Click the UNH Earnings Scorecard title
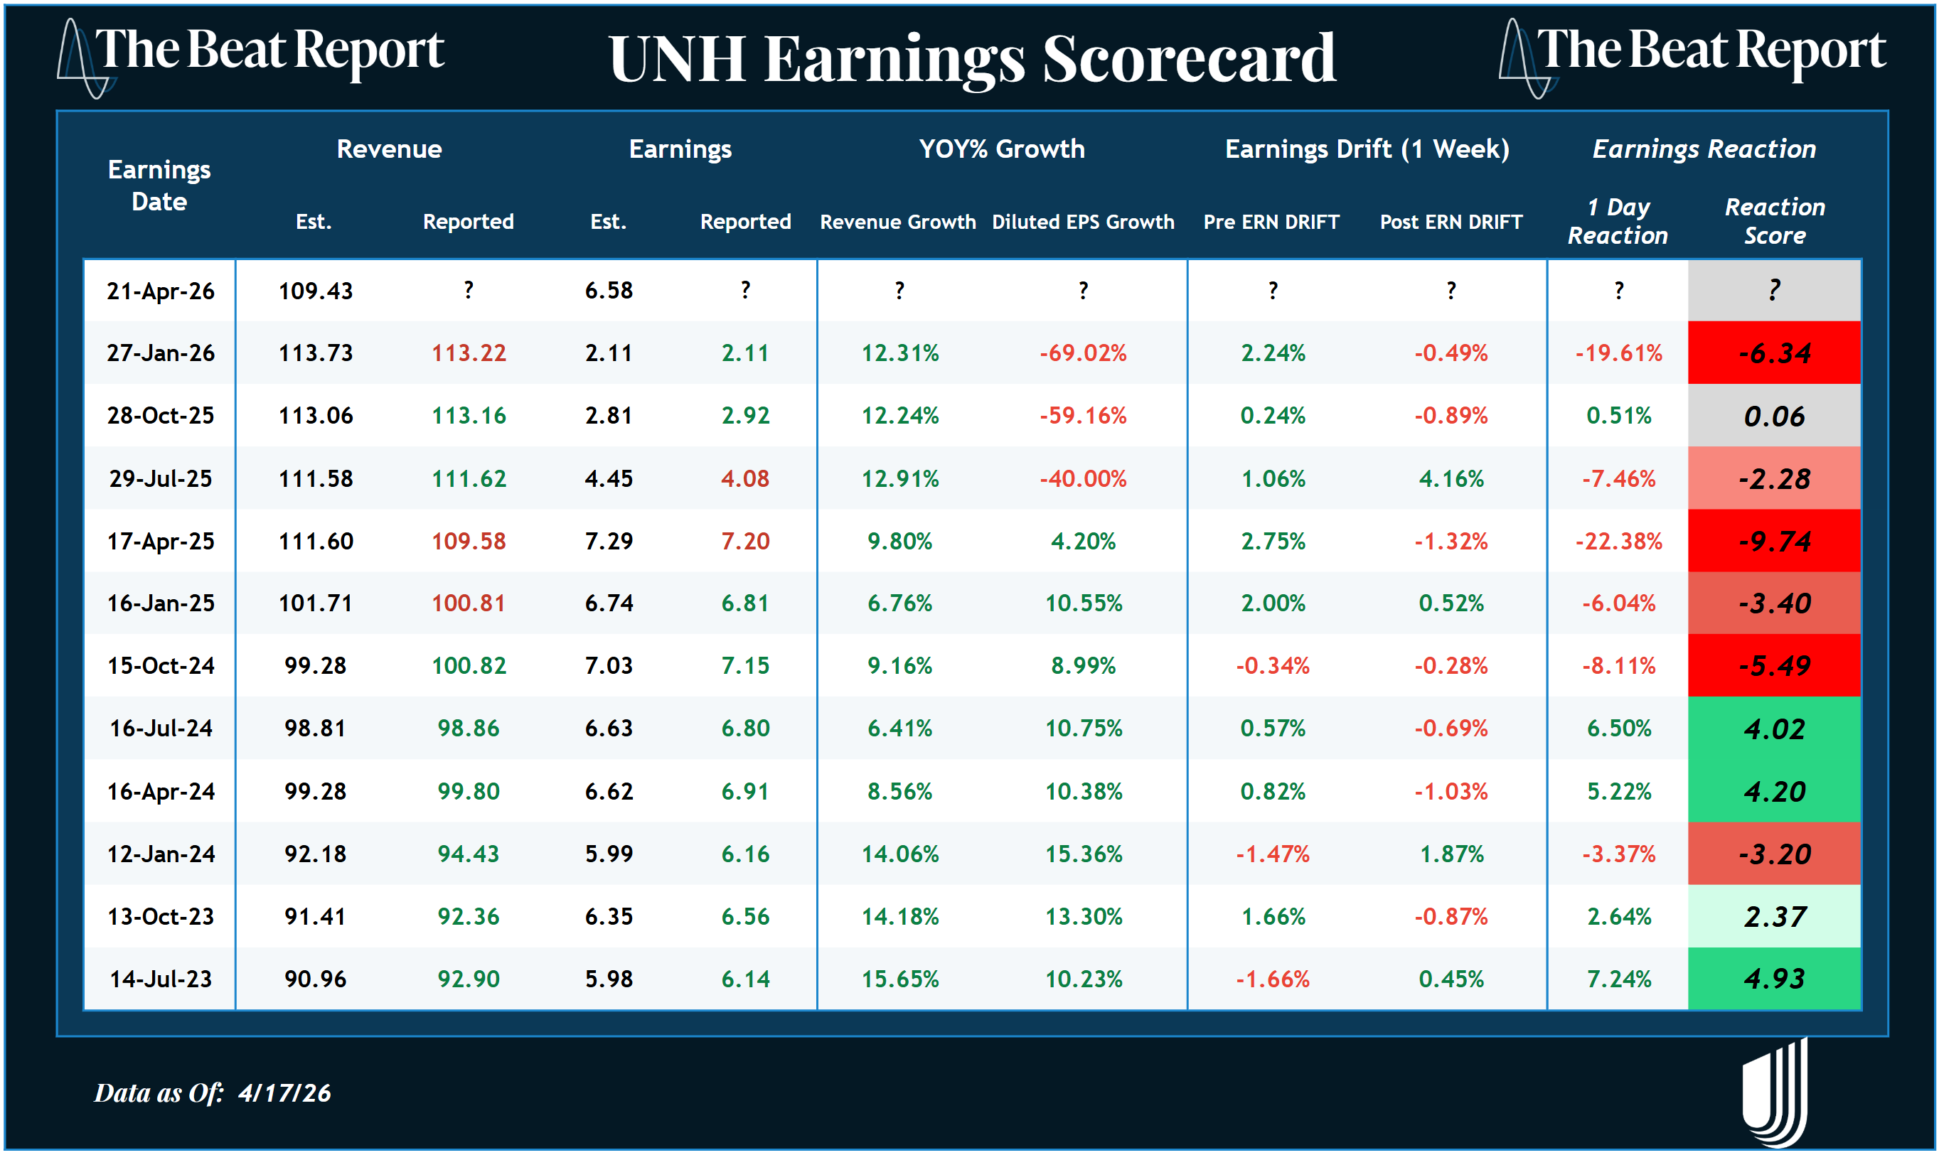[971, 59]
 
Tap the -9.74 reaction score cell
[1774, 541]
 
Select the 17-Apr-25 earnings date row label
[161, 541]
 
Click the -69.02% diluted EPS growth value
[1083, 353]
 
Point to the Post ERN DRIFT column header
[1451, 222]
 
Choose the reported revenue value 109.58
[469, 541]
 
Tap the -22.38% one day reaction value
[1618, 541]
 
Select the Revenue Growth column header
[897, 222]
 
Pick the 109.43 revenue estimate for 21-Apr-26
[315, 291]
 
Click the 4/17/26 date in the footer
[285, 1092]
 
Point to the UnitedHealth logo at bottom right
[1775, 1092]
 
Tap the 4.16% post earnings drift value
[1451, 478]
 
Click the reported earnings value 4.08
[745, 478]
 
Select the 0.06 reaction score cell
[1774, 417]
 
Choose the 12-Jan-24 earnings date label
[161, 854]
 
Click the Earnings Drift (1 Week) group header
[1367, 149]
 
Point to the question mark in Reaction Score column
[1774, 290]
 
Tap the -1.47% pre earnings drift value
[1273, 854]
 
